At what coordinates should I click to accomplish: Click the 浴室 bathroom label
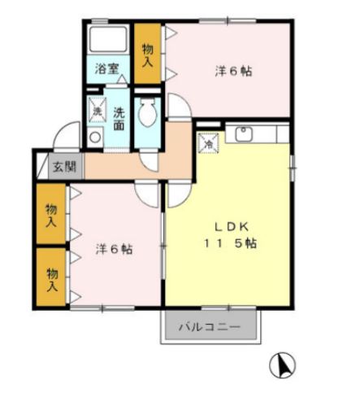pos(107,70)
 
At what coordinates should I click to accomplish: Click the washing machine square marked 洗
pos(96,110)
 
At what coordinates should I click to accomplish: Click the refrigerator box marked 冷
pos(209,142)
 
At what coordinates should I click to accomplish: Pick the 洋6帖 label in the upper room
pos(233,72)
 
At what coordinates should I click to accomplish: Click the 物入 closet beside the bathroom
pos(148,55)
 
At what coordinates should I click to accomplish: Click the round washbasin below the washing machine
pos(96,138)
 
